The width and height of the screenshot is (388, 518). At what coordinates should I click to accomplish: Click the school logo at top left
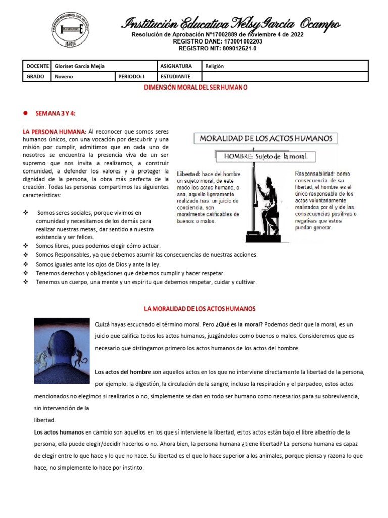[x=71, y=29]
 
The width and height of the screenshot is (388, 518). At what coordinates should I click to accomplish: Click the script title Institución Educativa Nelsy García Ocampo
[x=231, y=23]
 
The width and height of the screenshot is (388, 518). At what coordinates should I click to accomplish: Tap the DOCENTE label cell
[x=37, y=66]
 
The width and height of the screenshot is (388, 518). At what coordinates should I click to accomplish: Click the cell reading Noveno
[x=64, y=77]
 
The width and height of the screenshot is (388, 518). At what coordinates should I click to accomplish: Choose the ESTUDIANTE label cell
[x=175, y=77]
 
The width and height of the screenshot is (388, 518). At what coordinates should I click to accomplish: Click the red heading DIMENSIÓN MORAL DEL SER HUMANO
[x=196, y=88]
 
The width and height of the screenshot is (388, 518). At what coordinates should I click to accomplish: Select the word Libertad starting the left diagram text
[x=188, y=174]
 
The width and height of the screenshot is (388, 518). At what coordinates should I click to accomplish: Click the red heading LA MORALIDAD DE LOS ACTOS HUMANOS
[x=200, y=308]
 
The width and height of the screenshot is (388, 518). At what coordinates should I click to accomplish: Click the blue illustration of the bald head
[x=62, y=344]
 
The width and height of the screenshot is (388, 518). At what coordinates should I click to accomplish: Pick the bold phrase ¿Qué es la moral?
[x=239, y=324]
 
